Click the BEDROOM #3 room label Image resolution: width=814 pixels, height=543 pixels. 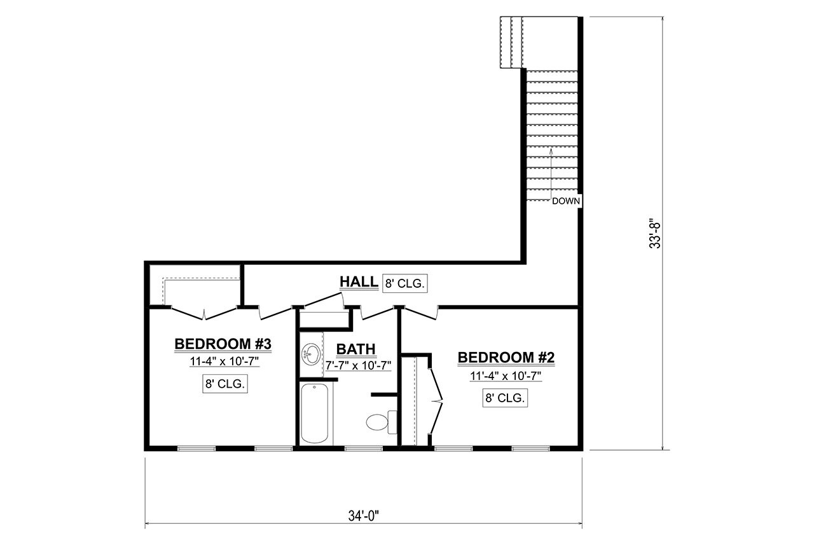pyautogui.click(x=223, y=344)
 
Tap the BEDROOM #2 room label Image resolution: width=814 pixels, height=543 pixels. pyautogui.click(x=506, y=358)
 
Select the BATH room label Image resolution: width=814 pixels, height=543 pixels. pyautogui.click(x=356, y=349)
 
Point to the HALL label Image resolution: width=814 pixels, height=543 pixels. pyautogui.click(x=359, y=282)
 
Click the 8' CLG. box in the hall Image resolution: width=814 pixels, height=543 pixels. pyautogui.click(x=405, y=283)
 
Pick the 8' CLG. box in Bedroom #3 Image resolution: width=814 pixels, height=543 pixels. pyautogui.click(x=224, y=384)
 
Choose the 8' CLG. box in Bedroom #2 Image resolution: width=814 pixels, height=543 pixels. pyautogui.click(x=506, y=398)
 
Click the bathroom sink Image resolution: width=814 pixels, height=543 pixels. pyautogui.click(x=312, y=353)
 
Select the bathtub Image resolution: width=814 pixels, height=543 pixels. pyautogui.click(x=315, y=413)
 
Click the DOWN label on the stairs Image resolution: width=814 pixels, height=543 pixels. pyautogui.click(x=566, y=201)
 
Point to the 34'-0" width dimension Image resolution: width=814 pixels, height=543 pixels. pyautogui.click(x=363, y=514)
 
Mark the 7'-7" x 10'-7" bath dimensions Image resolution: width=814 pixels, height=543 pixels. pyautogui.click(x=358, y=365)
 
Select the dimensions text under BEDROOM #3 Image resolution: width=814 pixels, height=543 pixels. pyautogui.click(x=223, y=362)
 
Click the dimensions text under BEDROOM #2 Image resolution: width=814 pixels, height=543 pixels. pyautogui.click(x=506, y=376)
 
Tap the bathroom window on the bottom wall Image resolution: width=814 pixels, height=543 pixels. pyautogui.click(x=363, y=449)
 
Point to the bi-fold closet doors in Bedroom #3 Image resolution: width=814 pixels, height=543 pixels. pyautogui.click(x=204, y=313)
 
